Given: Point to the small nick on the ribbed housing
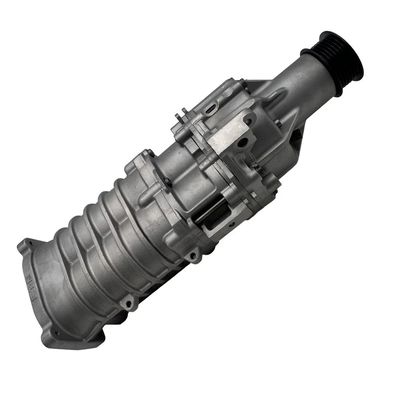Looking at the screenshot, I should point(72,260).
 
